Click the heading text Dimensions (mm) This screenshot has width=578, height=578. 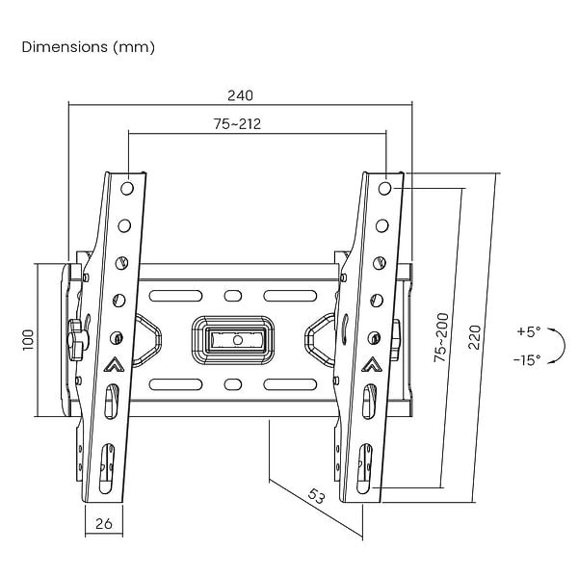coord(88,47)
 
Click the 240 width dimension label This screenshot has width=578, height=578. coord(240,95)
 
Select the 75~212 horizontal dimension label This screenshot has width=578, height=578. coord(237,124)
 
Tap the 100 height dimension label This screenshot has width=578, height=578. coord(28,340)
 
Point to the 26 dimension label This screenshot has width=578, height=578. coord(104,523)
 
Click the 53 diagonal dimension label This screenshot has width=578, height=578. coord(316,496)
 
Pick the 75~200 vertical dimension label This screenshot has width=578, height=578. coord(441,337)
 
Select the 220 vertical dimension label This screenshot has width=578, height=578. coord(475,337)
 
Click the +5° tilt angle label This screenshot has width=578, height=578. coord(529,331)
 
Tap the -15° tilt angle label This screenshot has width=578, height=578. coord(527,359)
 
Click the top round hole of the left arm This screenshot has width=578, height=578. coord(126,189)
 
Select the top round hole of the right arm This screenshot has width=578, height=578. coord(384,189)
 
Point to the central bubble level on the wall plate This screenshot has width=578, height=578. coord(234,339)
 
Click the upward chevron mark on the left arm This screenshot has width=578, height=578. coord(115,364)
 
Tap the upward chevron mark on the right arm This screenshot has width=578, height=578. coord(372,364)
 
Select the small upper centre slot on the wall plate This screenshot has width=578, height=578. coord(233,296)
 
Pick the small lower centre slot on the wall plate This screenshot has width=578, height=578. coord(233,384)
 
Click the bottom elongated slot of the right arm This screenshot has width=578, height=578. coord(364,468)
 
